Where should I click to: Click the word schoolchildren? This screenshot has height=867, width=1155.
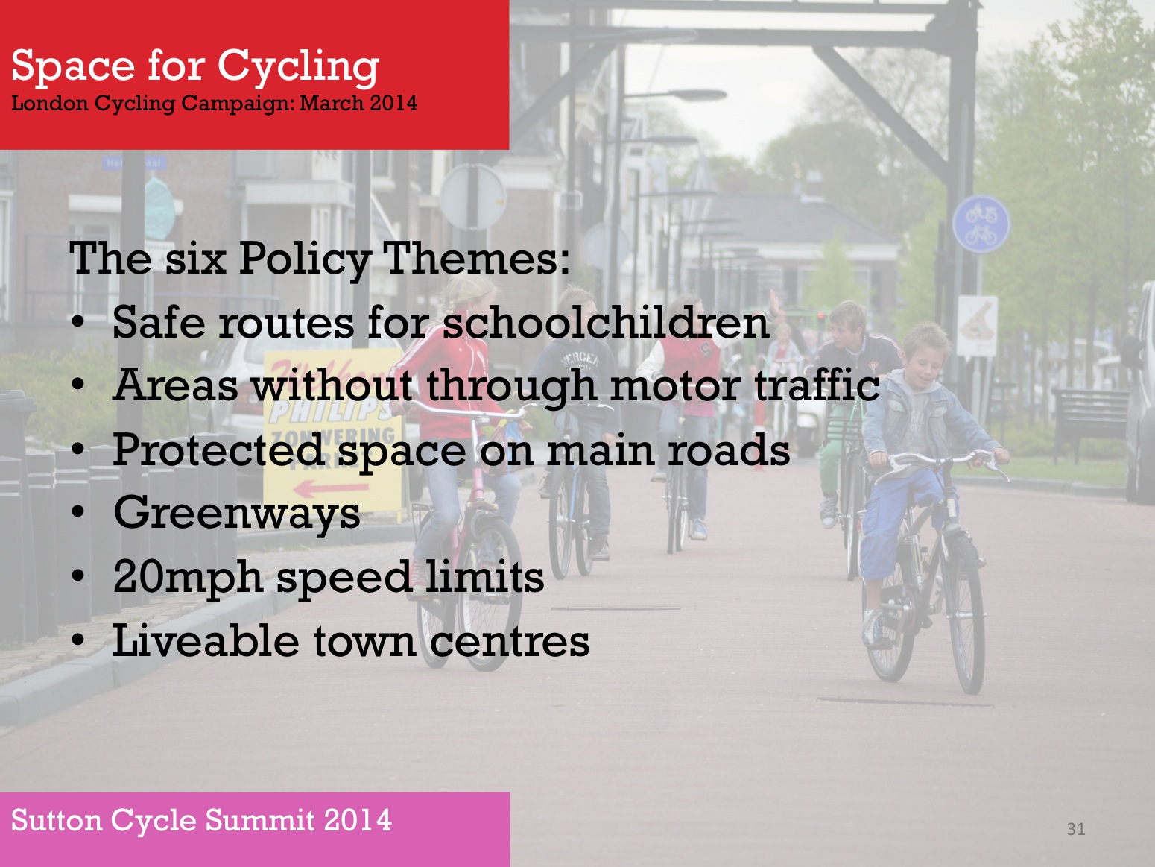[x=606, y=322]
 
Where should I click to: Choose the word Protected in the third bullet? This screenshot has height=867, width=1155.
[x=218, y=450]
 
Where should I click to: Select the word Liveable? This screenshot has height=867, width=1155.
[x=206, y=640]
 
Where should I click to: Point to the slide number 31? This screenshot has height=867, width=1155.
[x=1076, y=829]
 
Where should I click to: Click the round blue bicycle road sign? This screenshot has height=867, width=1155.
[x=981, y=224]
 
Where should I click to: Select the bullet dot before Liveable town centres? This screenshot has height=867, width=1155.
[x=78, y=640]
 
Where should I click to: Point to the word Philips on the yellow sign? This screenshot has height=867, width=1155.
[x=329, y=412]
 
